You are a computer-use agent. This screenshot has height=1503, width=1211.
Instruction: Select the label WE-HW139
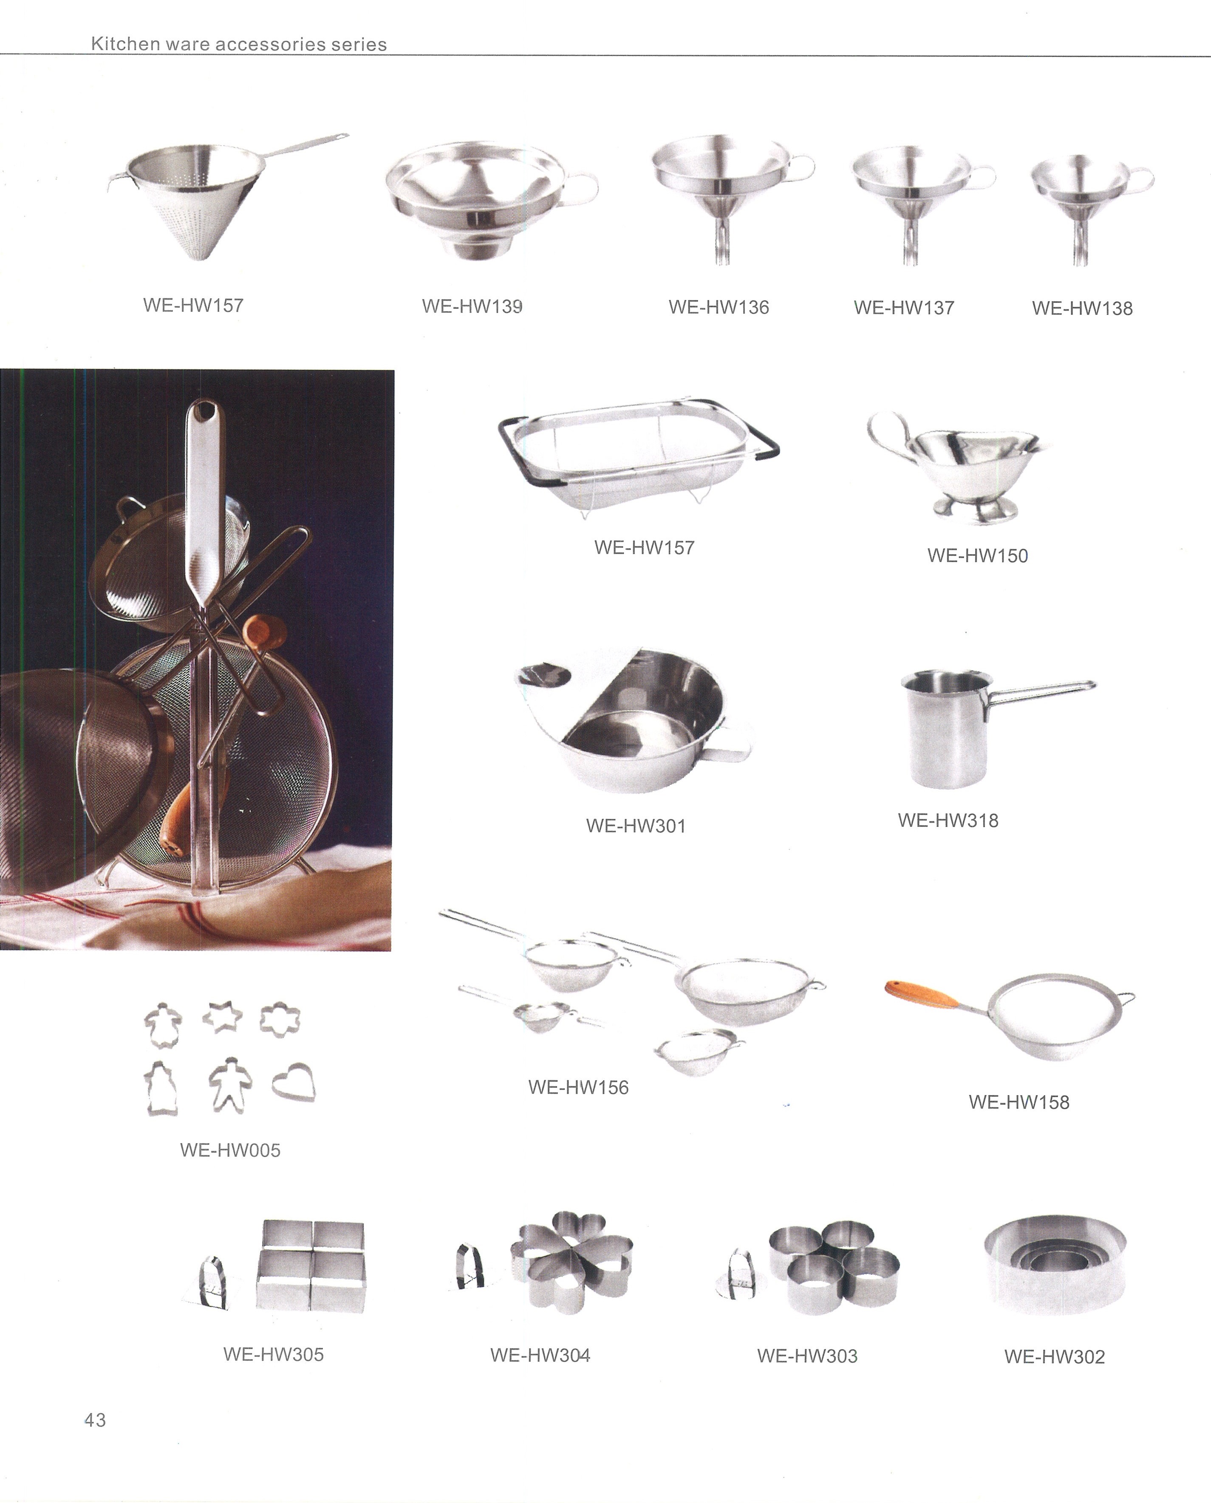tap(472, 306)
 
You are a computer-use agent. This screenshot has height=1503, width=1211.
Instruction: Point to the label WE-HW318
tap(948, 820)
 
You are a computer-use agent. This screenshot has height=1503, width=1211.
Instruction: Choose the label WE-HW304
tap(540, 1355)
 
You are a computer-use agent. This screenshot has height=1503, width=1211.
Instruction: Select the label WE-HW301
tap(636, 826)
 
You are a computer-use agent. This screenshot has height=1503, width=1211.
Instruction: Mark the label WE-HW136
tap(719, 307)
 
